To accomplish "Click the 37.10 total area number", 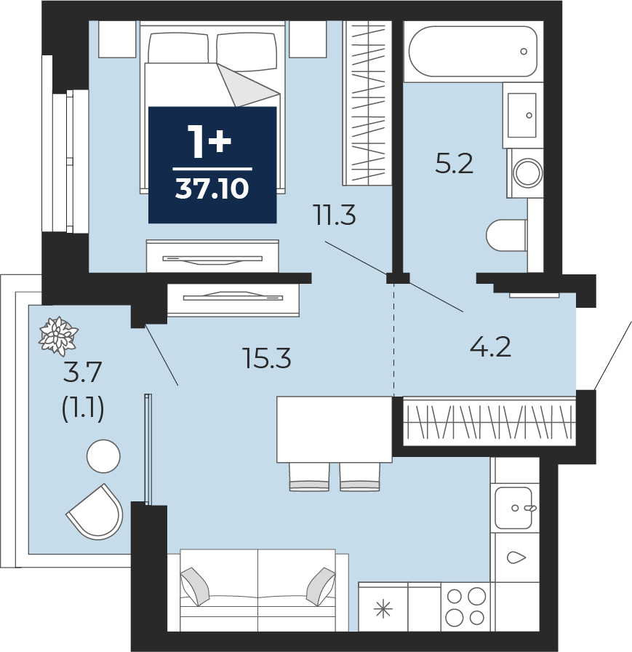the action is (x=212, y=189).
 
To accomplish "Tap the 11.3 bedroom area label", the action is (x=336, y=216).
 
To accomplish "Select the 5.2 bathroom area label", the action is (x=454, y=164).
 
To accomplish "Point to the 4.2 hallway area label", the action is (x=491, y=348).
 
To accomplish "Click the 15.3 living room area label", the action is (x=268, y=359).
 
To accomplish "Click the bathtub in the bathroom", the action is (x=473, y=52).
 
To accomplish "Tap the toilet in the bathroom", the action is (x=506, y=235).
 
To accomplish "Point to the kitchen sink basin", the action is (x=514, y=508).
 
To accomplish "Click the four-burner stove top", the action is (x=465, y=607).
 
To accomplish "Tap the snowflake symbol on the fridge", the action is (x=383, y=610).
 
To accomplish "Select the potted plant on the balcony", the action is (x=58, y=336).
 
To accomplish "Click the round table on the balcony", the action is (x=103, y=456).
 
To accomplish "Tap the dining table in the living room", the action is (x=335, y=429).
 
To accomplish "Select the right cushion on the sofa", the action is (x=320, y=587).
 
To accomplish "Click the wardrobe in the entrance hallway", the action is (x=490, y=421).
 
